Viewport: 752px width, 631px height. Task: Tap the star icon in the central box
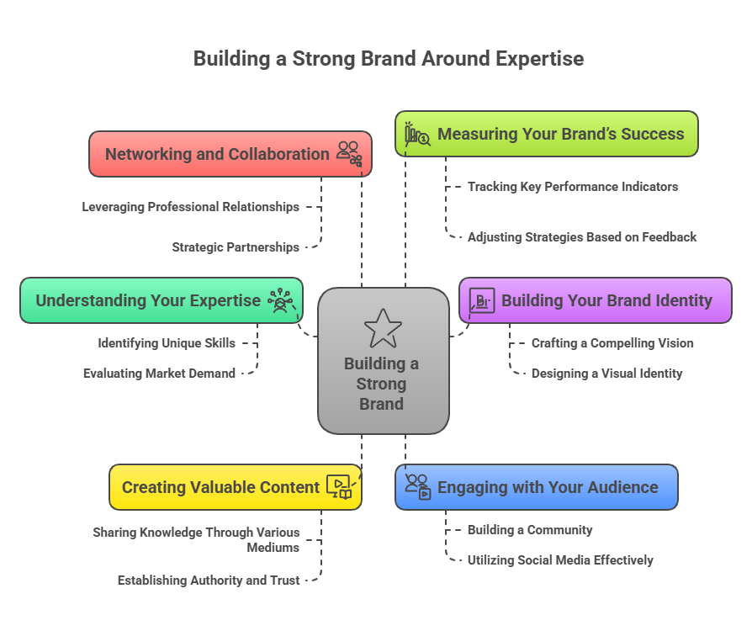click(x=383, y=328)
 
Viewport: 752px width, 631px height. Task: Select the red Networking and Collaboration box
click(x=217, y=154)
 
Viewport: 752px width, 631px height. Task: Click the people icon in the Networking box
click(x=348, y=152)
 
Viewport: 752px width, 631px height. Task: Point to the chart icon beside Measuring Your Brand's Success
click(x=416, y=135)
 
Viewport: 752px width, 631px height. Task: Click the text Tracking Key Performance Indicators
click(x=572, y=187)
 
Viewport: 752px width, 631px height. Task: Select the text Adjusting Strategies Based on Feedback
click(x=581, y=237)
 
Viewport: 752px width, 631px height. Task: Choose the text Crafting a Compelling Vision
click(x=612, y=343)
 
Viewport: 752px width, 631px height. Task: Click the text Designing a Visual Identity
click(x=606, y=374)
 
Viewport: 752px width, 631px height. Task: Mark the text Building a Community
click(x=530, y=530)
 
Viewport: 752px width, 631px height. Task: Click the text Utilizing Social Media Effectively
click(x=560, y=560)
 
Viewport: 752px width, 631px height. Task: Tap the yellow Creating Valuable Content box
click(x=220, y=487)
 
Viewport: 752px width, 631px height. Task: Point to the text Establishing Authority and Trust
click(x=209, y=580)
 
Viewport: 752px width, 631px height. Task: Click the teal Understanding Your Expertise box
click(x=148, y=300)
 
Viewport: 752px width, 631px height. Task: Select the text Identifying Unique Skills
click(x=167, y=343)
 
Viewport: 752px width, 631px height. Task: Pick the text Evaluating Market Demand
click(x=159, y=374)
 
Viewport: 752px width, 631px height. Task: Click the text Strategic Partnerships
click(x=236, y=247)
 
